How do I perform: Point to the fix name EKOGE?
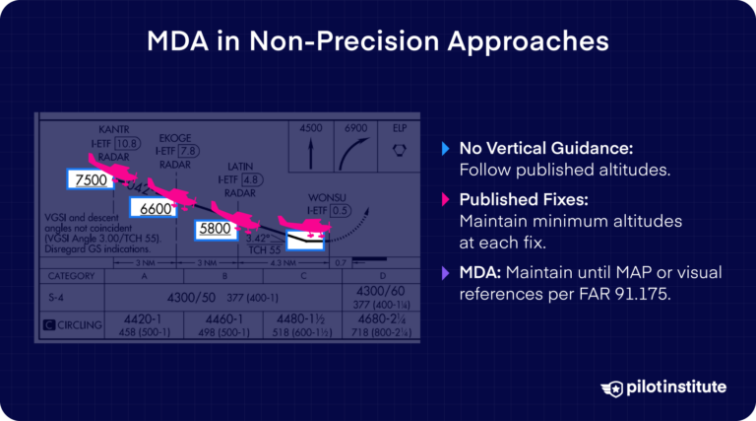175,139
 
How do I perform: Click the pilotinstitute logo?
661,386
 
